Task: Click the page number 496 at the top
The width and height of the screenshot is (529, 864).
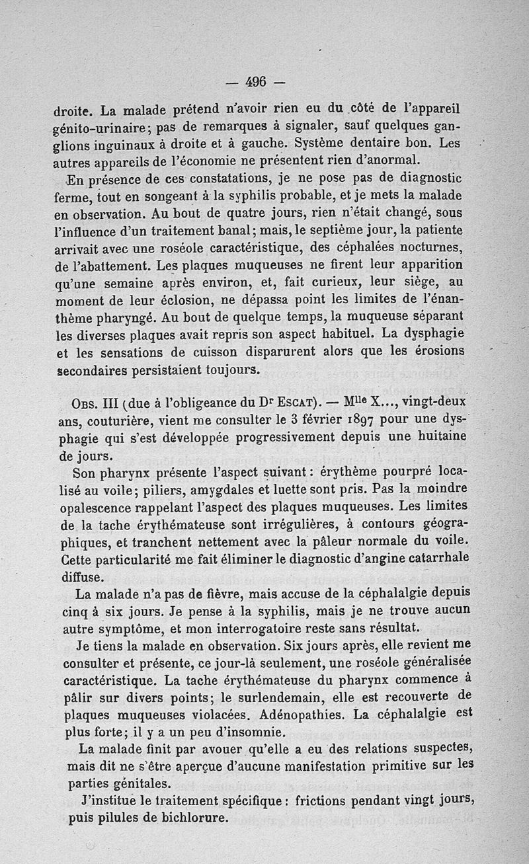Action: [x=255, y=82]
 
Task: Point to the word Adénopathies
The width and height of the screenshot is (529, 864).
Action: [x=300, y=715]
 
